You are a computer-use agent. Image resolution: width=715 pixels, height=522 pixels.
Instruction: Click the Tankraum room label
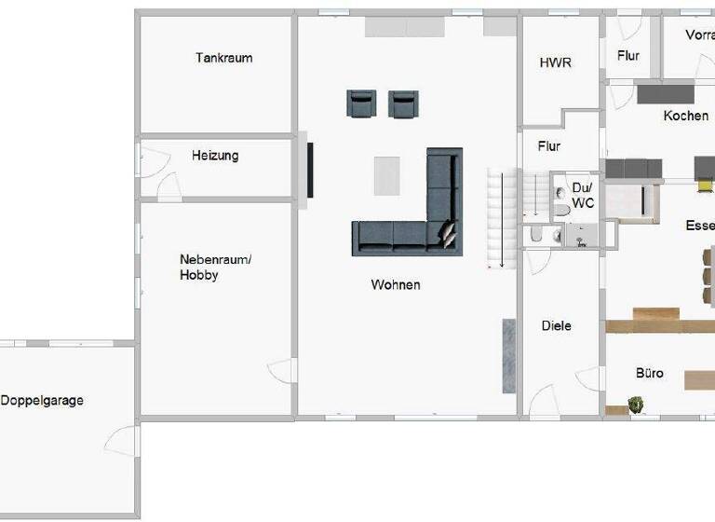click(223, 58)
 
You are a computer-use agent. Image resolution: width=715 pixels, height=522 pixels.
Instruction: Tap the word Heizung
click(215, 156)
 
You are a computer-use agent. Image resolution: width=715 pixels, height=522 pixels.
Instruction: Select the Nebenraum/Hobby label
click(215, 268)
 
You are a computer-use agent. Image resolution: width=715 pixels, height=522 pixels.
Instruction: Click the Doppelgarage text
click(42, 401)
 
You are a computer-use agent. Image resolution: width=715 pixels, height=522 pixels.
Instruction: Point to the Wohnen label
click(395, 285)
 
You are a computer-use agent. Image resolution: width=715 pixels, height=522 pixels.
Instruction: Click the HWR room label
click(556, 63)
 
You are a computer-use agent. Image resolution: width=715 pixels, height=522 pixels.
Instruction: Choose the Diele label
click(556, 326)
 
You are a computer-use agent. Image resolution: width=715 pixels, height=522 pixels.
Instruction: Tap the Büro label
click(650, 373)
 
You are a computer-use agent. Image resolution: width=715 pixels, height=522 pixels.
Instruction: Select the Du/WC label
click(583, 195)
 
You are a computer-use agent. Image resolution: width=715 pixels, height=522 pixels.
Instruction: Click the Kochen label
click(686, 117)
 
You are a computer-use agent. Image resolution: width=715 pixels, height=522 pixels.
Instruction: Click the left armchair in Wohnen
click(361, 103)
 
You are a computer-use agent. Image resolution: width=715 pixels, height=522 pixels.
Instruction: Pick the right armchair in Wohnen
click(402, 103)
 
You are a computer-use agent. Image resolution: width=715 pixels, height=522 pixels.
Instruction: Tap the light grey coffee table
click(386, 175)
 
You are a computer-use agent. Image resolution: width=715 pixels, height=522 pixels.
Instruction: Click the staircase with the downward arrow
click(502, 219)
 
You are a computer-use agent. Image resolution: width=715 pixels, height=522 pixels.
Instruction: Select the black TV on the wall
click(309, 170)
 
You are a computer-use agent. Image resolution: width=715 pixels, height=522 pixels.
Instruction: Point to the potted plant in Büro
click(637, 405)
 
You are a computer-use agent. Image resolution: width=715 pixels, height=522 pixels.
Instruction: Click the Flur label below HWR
click(549, 146)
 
